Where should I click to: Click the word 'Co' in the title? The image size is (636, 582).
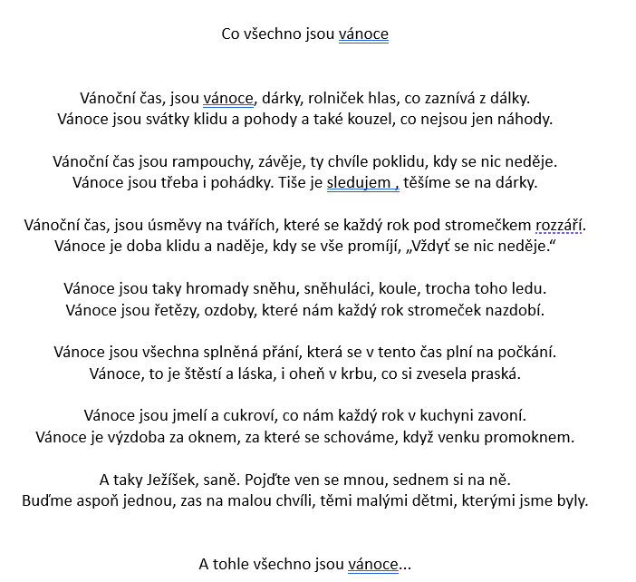click(232, 34)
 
